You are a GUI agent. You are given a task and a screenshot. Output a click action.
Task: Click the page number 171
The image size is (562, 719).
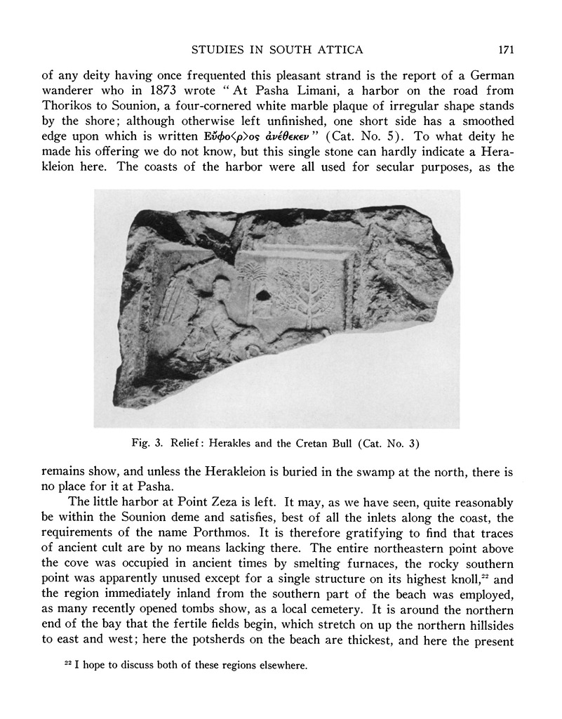coord(507,49)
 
